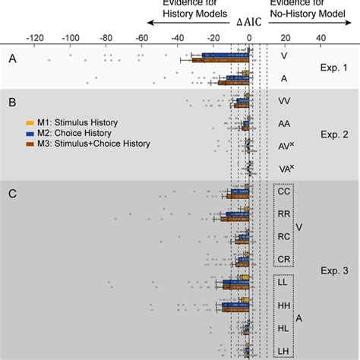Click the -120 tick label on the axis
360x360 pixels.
coord(34,37)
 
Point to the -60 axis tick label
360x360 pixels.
coord(142,37)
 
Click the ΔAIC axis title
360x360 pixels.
coord(248,24)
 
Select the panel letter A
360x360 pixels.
coord(11,58)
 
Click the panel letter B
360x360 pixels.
coord(11,101)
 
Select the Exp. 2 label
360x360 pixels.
coord(332,134)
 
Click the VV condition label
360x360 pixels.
coord(284,100)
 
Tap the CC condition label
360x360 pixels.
coord(284,192)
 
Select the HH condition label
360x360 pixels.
coord(284,305)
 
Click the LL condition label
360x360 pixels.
coord(284,282)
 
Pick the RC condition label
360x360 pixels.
coord(284,236)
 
